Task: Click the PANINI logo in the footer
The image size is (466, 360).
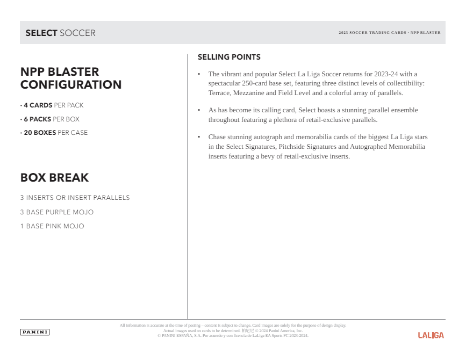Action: tap(34, 332)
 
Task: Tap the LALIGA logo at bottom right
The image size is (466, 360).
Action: tap(431, 335)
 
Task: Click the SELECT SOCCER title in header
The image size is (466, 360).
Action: tap(60, 33)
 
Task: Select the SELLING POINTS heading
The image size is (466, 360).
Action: tap(229, 57)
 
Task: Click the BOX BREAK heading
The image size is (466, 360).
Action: tap(54, 178)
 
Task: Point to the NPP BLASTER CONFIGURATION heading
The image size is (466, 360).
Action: tap(71, 78)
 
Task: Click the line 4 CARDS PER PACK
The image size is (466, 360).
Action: tap(53, 105)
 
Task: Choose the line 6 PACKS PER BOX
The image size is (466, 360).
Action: tap(51, 119)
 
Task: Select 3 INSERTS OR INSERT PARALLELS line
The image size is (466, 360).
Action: tap(75, 198)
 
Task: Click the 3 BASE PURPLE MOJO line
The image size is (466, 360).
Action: tap(56, 212)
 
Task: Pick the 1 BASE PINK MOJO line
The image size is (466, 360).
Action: tap(52, 226)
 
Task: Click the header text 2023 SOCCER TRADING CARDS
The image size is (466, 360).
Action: tap(372, 33)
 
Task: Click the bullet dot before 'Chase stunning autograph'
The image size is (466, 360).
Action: tap(199, 137)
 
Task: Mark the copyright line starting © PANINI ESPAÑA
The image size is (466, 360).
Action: tap(233, 336)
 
